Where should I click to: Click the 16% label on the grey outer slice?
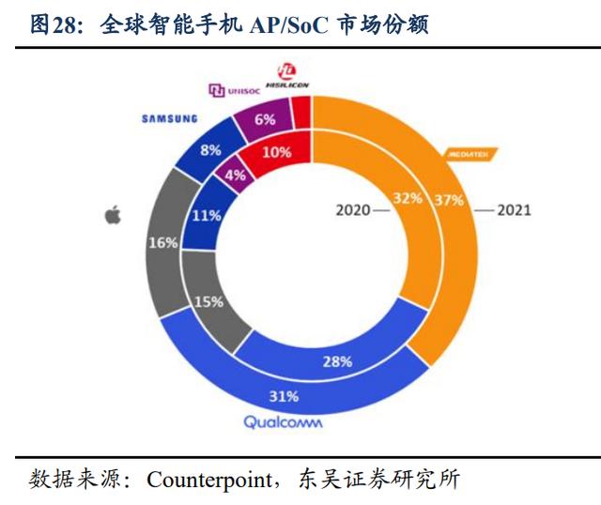click(163, 244)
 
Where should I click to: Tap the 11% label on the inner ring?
click(208, 215)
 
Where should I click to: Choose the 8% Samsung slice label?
click(210, 150)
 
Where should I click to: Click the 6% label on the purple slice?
click(264, 119)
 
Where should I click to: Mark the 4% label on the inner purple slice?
click(235, 175)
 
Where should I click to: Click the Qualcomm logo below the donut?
click(283, 422)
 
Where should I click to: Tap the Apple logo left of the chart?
click(114, 216)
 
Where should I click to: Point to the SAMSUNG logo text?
click(170, 118)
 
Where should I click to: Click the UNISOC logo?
click(234, 90)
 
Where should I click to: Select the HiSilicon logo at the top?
click(289, 76)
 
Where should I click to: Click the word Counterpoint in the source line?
click(209, 479)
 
